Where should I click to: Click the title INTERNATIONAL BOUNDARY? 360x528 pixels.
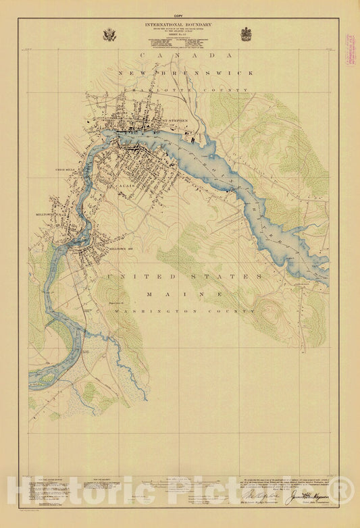(x=178, y=24)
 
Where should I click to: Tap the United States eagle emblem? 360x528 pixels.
(x=109, y=34)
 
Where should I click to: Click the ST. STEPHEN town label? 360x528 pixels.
(x=177, y=122)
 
